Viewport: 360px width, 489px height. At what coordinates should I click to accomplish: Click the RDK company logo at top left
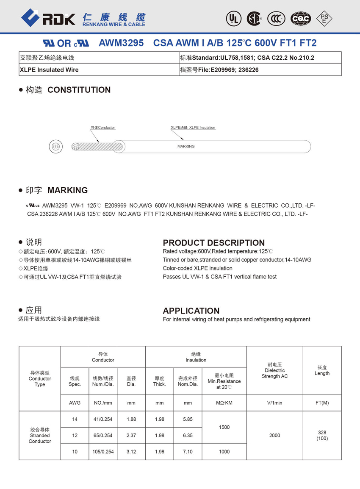(x=48, y=18)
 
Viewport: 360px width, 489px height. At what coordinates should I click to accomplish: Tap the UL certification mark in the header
(x=233, y=18)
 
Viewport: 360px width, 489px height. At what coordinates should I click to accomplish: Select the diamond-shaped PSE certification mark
(x=324, y=18)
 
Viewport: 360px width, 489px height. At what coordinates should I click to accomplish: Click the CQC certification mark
(x=301, y=18)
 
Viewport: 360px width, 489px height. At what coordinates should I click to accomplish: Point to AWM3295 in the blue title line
(x=121, y=43)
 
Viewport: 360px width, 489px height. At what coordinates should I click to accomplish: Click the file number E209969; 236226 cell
(x=260, y=69)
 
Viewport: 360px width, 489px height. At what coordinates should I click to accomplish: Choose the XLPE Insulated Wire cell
(x=99, y=69)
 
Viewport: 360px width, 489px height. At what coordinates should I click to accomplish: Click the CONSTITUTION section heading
(x=79, y=90)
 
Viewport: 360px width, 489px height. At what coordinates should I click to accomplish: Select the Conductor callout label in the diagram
(x=103, y=128)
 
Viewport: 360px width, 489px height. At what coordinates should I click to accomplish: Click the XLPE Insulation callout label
(x=193, y=128)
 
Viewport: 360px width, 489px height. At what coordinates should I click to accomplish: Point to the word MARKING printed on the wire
(x=186, y=146)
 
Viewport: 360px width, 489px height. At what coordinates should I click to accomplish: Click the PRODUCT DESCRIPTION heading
(x=213, y=243)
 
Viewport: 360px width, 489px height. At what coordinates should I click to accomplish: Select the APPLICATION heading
(x=191, y=311)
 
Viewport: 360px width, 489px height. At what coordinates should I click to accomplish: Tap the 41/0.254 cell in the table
(x=103, y=419)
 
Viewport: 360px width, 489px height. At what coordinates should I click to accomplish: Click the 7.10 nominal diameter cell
(x=188, y=452)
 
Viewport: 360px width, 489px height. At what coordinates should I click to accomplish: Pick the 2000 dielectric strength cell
(x=274, y=435)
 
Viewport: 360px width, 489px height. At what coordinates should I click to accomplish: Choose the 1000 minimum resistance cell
(x=224, y=452)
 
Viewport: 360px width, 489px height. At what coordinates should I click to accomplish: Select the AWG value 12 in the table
(x=75, y=435)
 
